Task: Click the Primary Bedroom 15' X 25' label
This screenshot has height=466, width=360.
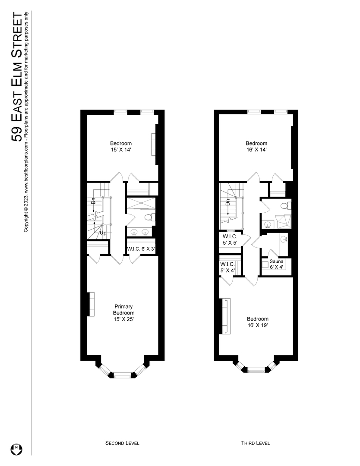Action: (124, 313)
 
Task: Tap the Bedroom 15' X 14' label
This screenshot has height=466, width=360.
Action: (121, 147)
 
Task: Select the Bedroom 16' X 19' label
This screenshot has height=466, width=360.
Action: (258, 322)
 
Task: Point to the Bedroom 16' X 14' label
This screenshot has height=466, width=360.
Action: (256, 147)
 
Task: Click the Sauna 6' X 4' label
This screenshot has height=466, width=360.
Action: (276, 264)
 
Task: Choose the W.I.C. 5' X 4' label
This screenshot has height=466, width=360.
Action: (227, 267)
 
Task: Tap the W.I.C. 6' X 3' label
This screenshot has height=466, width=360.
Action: (141, 249)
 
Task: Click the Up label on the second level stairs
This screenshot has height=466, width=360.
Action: (103, 233)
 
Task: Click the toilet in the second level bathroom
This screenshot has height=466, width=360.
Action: (149, 217)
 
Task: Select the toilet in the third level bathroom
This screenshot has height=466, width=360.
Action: (282, 205)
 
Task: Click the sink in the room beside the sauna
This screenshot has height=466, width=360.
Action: (284, 239)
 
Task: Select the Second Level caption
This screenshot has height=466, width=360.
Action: (123, 443)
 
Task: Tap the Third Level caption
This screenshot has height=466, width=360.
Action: (256, 443)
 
